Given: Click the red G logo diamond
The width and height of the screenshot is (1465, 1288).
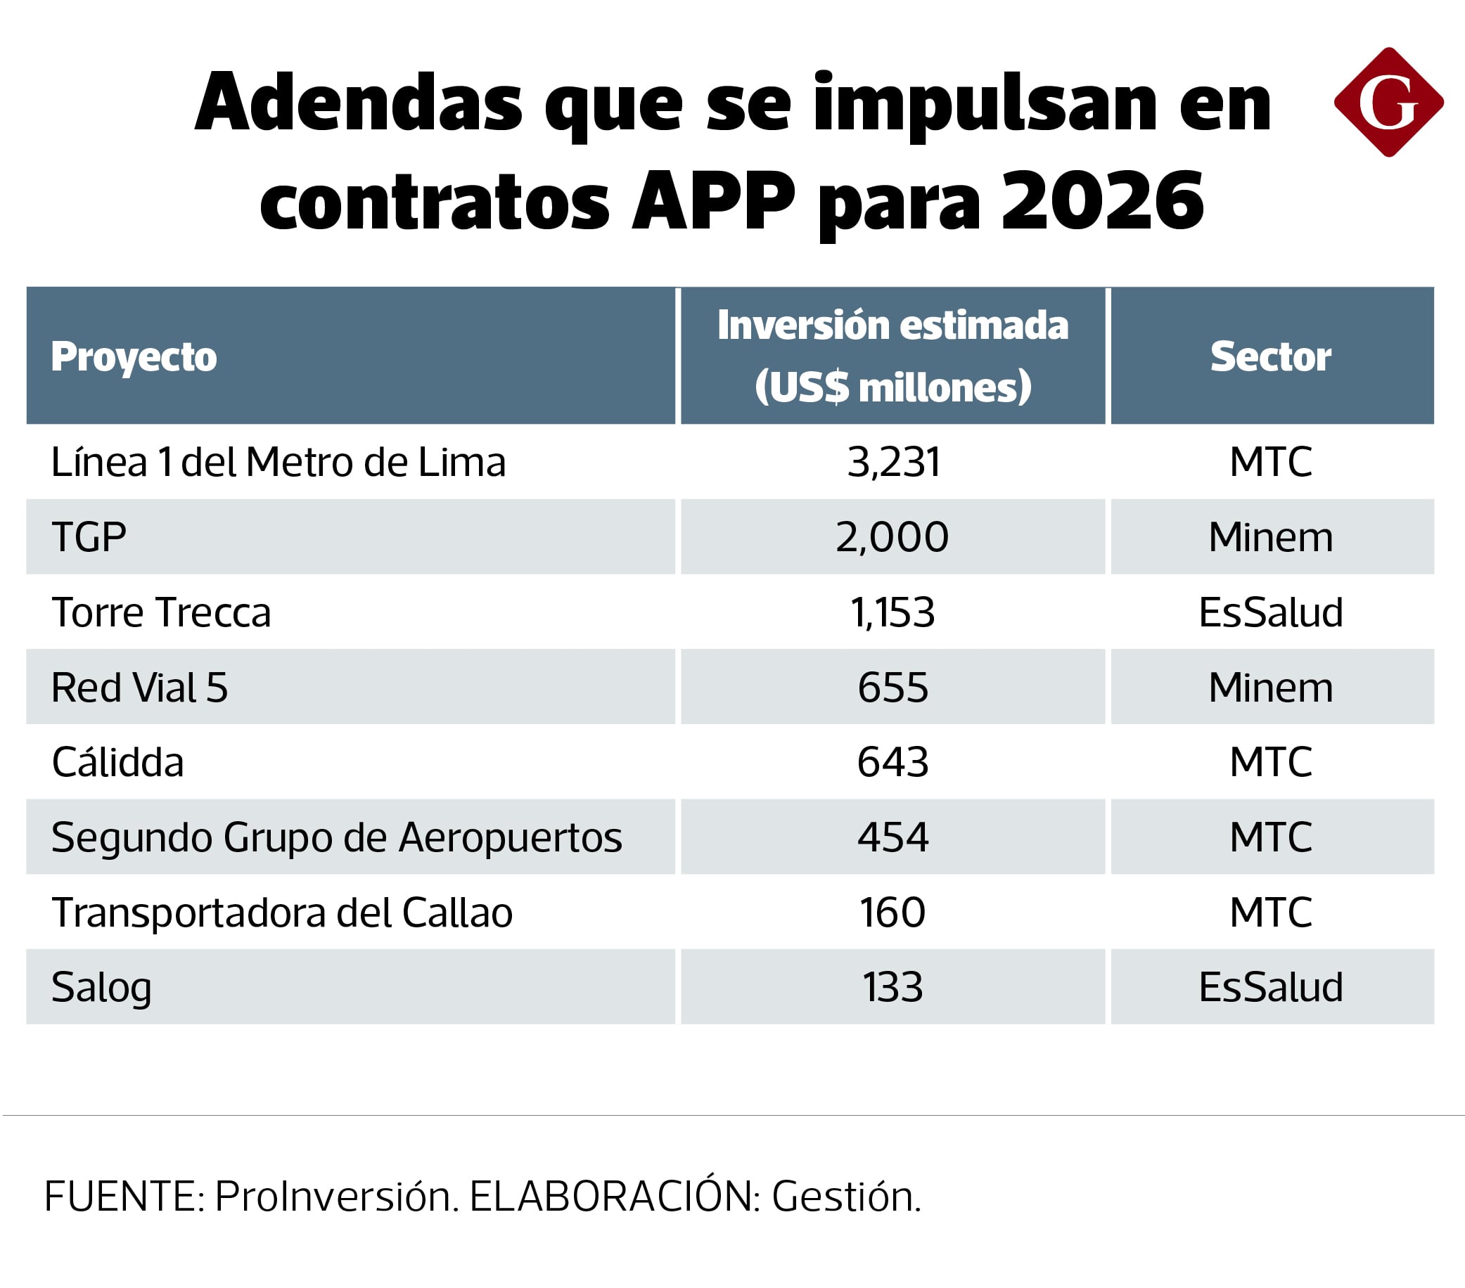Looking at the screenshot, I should point(1388,103).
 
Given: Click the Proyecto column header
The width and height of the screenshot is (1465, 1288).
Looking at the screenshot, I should point(134,356).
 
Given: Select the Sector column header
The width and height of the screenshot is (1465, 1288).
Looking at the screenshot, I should point(1271,356).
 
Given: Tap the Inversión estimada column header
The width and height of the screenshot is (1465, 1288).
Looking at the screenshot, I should point(893,356).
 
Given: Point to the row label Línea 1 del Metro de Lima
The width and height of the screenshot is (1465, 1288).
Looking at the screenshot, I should point(278,462).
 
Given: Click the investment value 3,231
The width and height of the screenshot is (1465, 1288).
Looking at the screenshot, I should point(893,462).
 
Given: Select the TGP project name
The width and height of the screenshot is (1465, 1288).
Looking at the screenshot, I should point(89,536).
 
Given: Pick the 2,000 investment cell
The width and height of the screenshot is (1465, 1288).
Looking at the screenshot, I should point(893,536).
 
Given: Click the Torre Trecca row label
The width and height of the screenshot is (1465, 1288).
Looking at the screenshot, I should point(161,612).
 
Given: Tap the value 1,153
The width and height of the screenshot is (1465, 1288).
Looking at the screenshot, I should point(893,612).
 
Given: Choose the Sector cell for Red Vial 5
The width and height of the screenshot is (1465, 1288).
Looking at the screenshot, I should point(1271,687).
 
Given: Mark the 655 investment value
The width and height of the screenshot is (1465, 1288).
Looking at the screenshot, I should point(893,687).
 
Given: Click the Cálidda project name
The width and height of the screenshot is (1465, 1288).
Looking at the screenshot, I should point(117,761).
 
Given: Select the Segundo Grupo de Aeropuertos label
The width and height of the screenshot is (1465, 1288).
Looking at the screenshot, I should point(336,837).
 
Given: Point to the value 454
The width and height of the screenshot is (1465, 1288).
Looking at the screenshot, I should point(893,837).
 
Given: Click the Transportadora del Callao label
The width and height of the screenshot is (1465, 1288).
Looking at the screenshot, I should point(281,912).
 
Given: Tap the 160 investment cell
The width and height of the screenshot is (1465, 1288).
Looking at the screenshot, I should point(893,912).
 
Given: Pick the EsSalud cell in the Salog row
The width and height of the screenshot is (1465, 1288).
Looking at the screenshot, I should point(1271,986).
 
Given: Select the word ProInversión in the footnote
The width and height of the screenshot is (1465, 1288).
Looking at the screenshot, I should point(333,1196).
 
